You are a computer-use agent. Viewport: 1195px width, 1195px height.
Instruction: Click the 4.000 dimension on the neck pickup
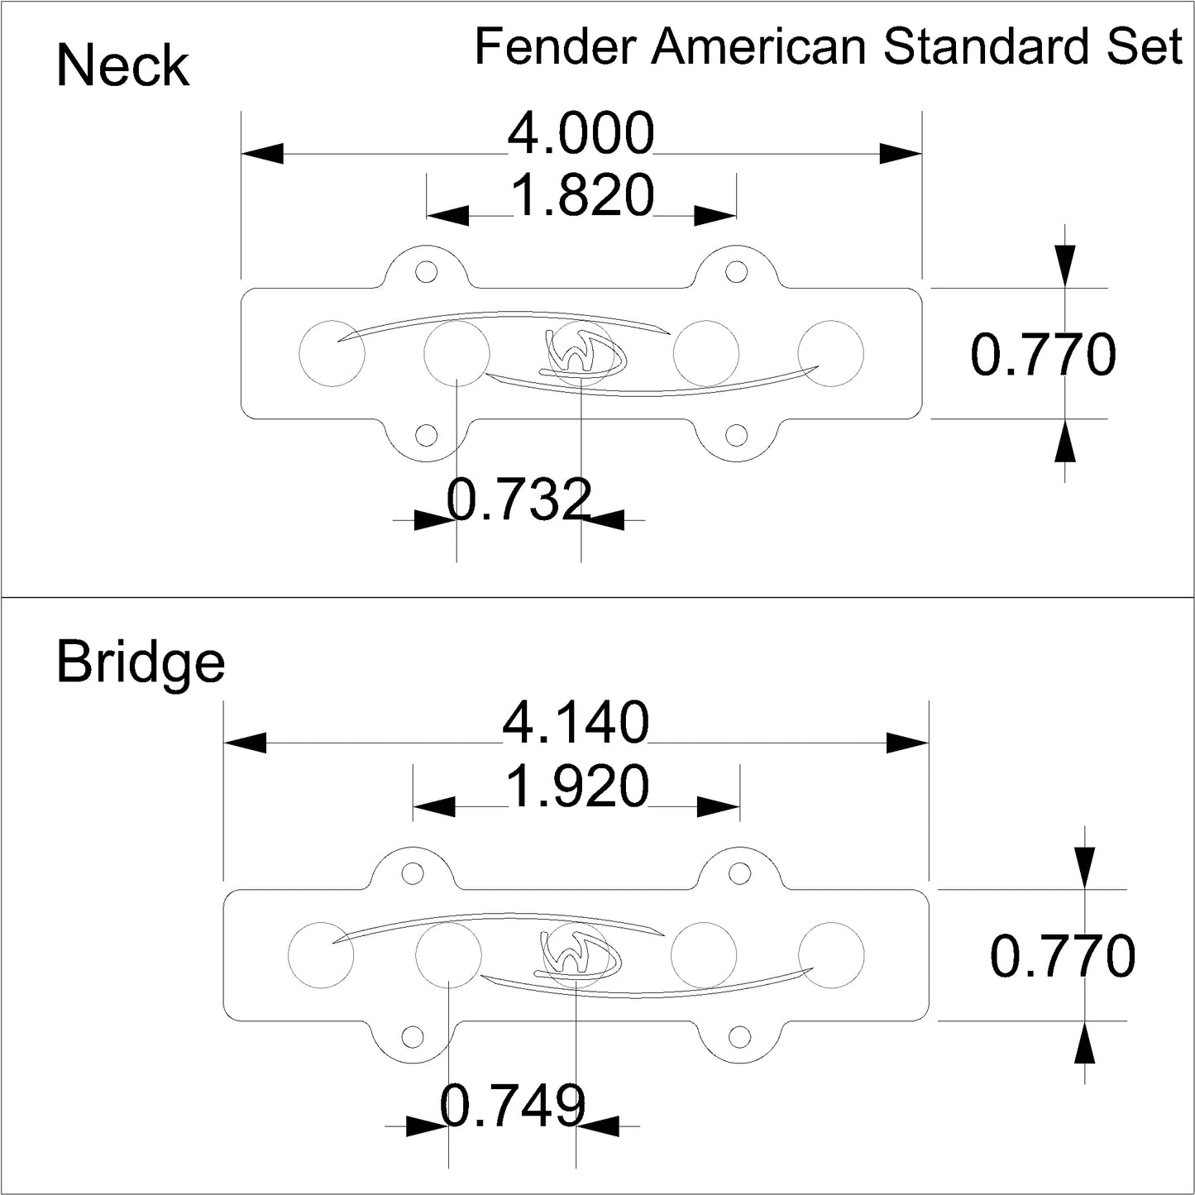point(581,135)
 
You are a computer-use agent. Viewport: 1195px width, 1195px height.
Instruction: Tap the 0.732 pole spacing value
point(519,500)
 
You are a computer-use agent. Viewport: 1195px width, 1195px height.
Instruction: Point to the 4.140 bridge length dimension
point(576,724)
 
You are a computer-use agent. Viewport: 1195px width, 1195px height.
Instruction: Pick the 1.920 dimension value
point(576,786)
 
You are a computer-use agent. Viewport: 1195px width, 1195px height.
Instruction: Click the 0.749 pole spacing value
point(514,1105)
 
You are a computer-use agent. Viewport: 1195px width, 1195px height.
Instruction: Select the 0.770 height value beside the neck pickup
point(1043,356)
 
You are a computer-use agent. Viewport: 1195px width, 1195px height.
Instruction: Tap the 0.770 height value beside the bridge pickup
point(1063,957)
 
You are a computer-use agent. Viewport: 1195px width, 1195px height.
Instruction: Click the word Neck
point(122,66)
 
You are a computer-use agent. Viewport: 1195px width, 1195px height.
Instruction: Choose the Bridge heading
point(141,662)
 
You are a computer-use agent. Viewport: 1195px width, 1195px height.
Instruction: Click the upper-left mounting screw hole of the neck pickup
point(427,271)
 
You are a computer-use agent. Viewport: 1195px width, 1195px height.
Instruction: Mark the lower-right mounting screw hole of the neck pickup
point(734,434)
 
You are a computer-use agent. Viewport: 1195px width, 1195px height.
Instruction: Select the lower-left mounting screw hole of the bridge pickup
point(411,1035)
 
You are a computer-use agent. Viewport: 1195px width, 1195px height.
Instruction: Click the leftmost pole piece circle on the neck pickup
point(331,353)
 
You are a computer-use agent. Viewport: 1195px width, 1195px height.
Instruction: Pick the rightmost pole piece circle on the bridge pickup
point(831,954)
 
